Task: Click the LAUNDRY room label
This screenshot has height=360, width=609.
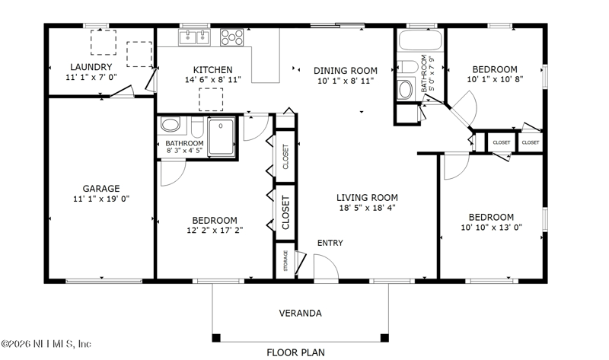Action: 91,67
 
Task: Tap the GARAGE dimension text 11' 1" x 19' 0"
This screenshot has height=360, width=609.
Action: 101,199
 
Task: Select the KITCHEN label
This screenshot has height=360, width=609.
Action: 213,70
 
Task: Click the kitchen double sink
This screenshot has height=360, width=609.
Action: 194,37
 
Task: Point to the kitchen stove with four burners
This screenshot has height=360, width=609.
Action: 232,37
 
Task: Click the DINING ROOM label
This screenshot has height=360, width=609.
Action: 346,71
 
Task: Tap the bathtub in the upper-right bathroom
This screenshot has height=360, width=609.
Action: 420,40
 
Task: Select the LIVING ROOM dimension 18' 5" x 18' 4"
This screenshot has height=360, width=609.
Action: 368,208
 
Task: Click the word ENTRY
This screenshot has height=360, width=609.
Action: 330,243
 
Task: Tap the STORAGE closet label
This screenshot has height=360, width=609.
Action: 286,260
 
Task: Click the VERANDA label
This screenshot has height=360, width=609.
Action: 300,313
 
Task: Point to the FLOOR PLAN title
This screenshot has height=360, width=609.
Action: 295,352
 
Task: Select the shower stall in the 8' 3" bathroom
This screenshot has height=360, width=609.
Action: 221,137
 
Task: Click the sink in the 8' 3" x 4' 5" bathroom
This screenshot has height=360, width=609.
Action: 170,125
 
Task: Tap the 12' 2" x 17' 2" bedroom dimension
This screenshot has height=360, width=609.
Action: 215,231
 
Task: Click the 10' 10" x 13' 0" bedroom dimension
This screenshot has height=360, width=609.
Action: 491,227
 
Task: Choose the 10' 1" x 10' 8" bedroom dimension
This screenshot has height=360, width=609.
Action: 495,79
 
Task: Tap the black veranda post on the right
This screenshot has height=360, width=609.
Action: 384,338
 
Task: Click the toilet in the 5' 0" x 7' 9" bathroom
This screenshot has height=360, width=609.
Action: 407,66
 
